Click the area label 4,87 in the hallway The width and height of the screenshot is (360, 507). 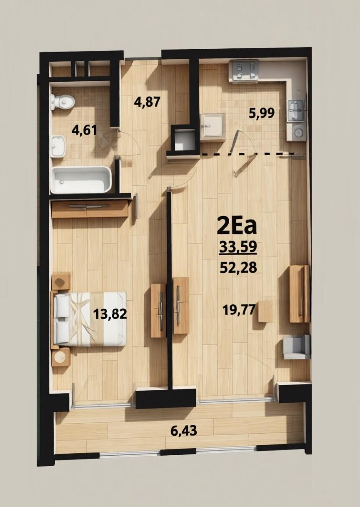147,102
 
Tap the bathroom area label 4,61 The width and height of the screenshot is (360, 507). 84,131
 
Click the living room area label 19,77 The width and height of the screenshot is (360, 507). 239,310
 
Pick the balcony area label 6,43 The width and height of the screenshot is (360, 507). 184,431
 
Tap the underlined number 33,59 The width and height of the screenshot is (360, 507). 238,247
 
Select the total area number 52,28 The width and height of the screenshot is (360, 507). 238,268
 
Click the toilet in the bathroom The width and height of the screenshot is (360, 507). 62,102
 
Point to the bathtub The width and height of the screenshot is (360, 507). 81,180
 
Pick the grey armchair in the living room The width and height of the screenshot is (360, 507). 296,347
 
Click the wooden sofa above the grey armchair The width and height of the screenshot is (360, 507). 300,294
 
